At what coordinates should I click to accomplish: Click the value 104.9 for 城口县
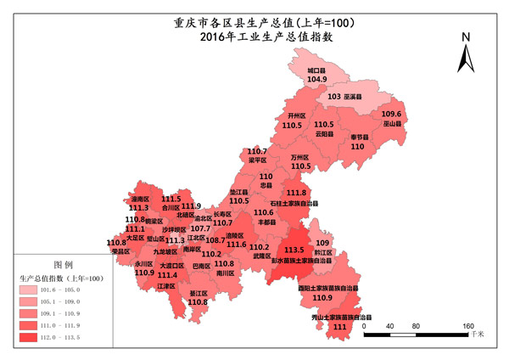317,79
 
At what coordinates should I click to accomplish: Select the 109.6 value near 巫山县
391,114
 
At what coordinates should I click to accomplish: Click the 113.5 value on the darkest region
294,250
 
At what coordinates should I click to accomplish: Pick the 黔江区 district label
322,253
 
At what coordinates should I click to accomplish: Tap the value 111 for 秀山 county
341,326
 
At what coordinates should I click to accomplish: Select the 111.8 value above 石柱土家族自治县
297,193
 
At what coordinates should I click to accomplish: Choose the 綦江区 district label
198,292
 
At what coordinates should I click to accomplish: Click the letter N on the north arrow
466,37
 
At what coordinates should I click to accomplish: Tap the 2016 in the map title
214,37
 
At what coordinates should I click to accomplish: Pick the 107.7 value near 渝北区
200,228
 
